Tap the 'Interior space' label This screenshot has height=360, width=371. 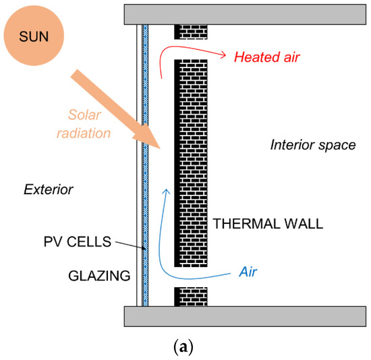click(x=312, y=144)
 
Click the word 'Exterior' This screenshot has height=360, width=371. click(x=47, y=189)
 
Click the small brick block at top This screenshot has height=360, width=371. click(x=186, y=31)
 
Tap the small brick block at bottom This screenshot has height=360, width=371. click(x=186, y=297)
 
